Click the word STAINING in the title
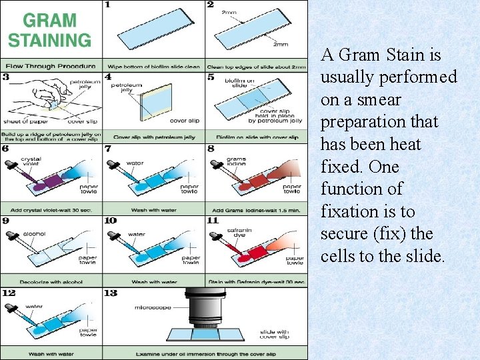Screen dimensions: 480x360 pyautogui.click(x=49, y=39)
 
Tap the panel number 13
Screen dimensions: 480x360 pyautogui.click(x=110, y=293)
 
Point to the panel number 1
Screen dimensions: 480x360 pyautogui.click(x=107, y=5)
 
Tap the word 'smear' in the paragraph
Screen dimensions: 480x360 pyautogui.click(x=388, y=100)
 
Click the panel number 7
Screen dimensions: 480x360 pyautogui.click(x=108, y=149)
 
